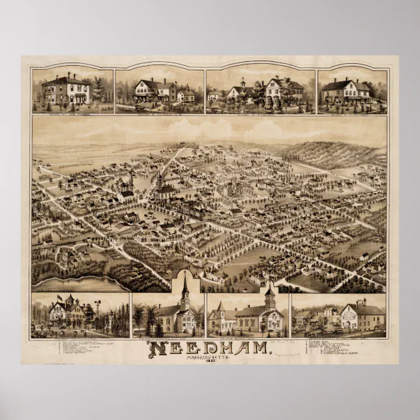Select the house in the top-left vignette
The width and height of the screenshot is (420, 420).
tap(65, 89)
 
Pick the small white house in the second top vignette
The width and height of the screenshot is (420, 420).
tap(186, 95)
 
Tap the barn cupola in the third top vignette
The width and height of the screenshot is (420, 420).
tap(243, 83)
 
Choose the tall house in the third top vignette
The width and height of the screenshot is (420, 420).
tap(282, 90)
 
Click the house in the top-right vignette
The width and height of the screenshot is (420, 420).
tap(346, 91)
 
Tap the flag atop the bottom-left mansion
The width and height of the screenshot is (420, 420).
tap(60, 297)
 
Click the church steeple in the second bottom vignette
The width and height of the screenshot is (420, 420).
tap(185, 287)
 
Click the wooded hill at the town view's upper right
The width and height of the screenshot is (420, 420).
tap(333, 153)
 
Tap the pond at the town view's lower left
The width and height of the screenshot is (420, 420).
tap(78, 284)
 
